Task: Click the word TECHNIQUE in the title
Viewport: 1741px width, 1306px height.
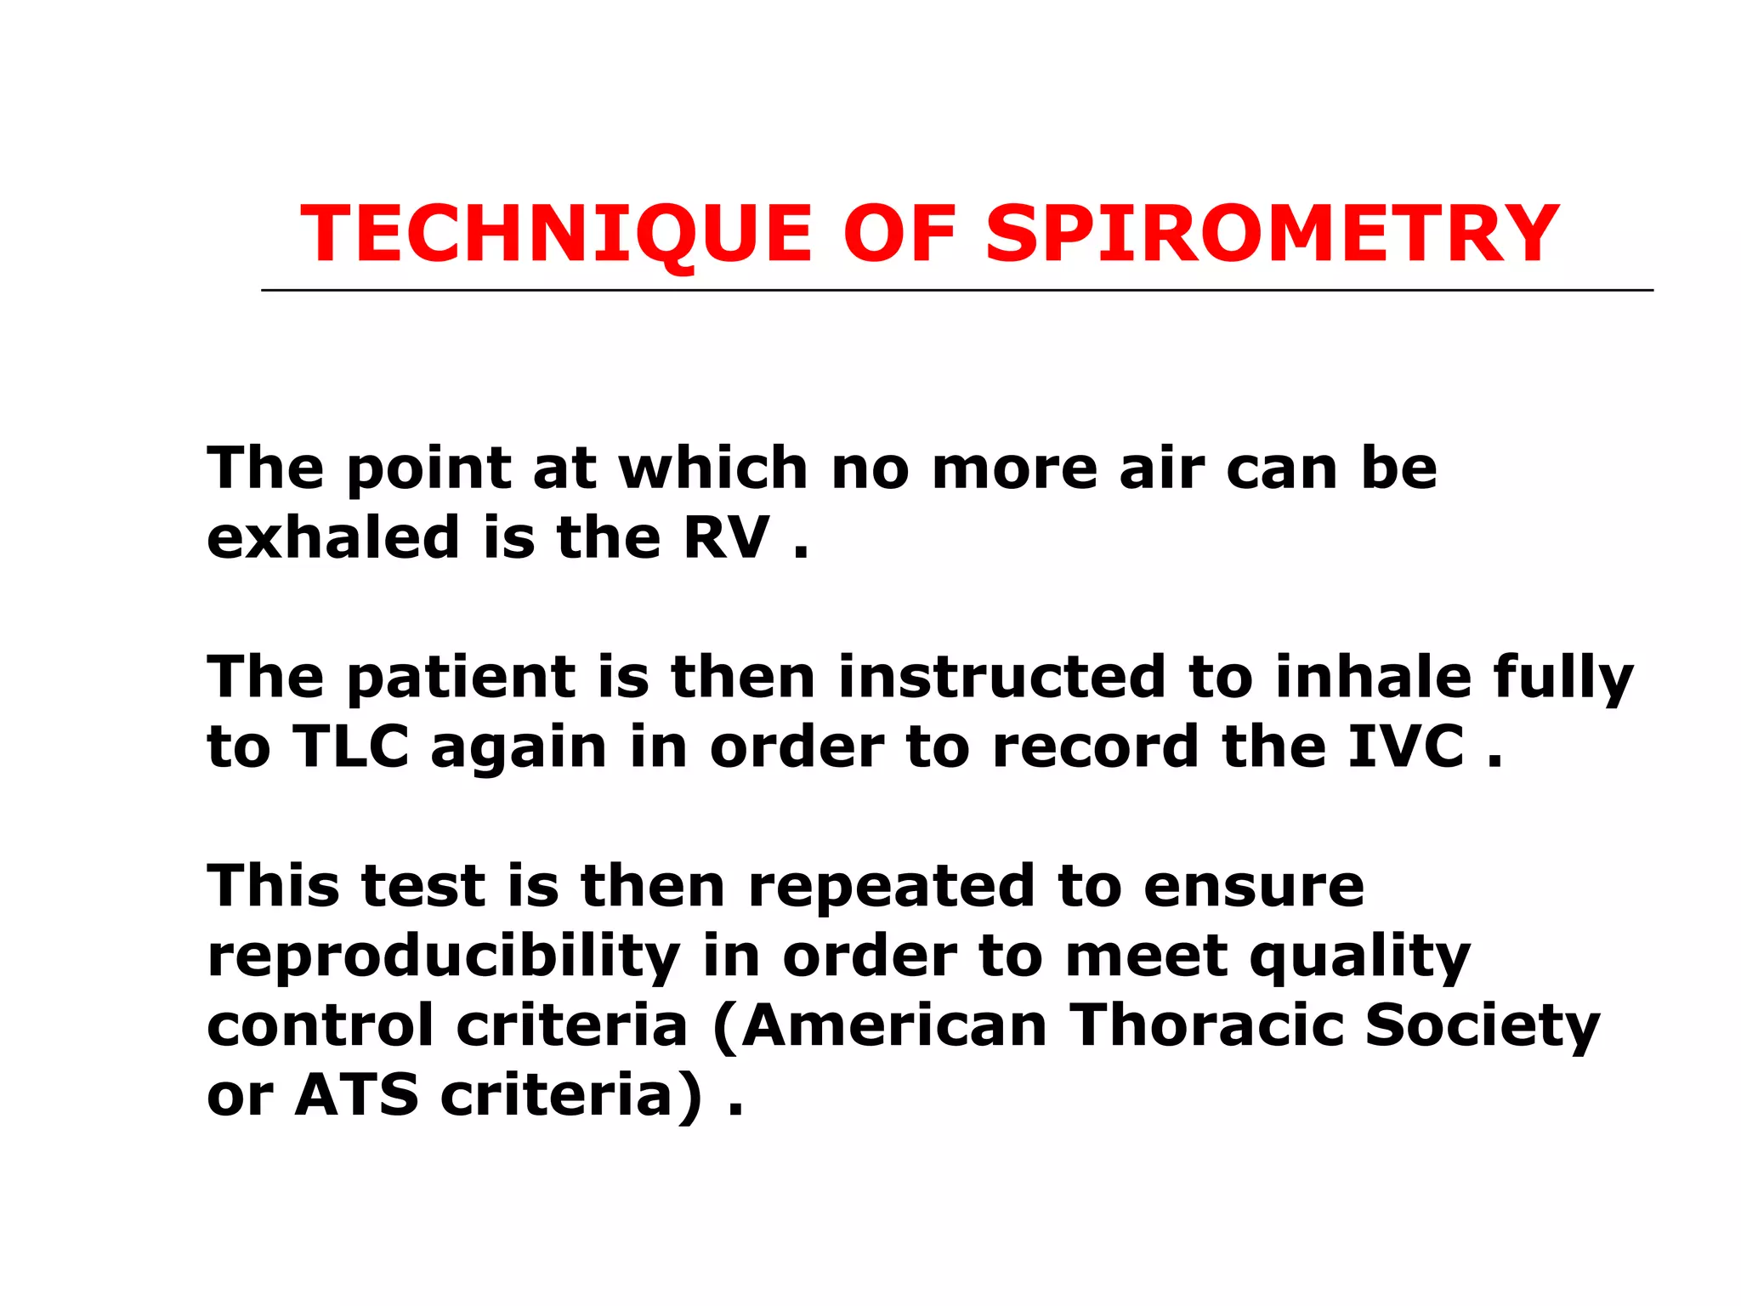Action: coord(557,235)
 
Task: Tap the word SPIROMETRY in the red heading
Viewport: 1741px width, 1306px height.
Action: coord(1272,235)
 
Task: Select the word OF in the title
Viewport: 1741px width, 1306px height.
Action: coord(899,235)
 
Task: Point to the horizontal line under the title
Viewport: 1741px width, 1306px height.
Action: coord(956,291)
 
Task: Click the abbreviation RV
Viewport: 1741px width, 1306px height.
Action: coord(727,538)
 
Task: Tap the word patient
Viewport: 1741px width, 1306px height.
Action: coord(461,678)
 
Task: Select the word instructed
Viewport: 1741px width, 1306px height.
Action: coord(1002,678)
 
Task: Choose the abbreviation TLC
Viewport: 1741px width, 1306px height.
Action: coord(351,747)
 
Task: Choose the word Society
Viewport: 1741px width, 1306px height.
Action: coord(1483,1026)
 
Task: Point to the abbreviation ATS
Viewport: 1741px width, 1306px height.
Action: coord(357,1096)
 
